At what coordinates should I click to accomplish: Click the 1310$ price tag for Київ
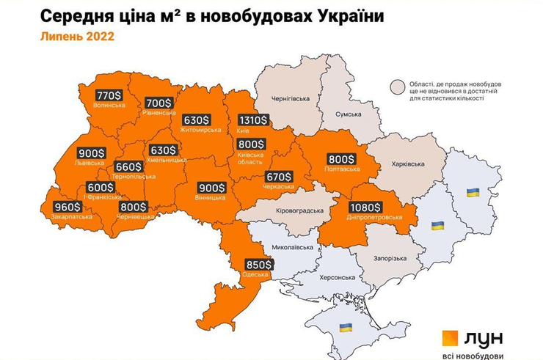253,121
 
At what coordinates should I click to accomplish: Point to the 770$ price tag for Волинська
109,95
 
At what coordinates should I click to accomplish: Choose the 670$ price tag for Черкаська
279,177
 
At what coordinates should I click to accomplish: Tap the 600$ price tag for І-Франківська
100,188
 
